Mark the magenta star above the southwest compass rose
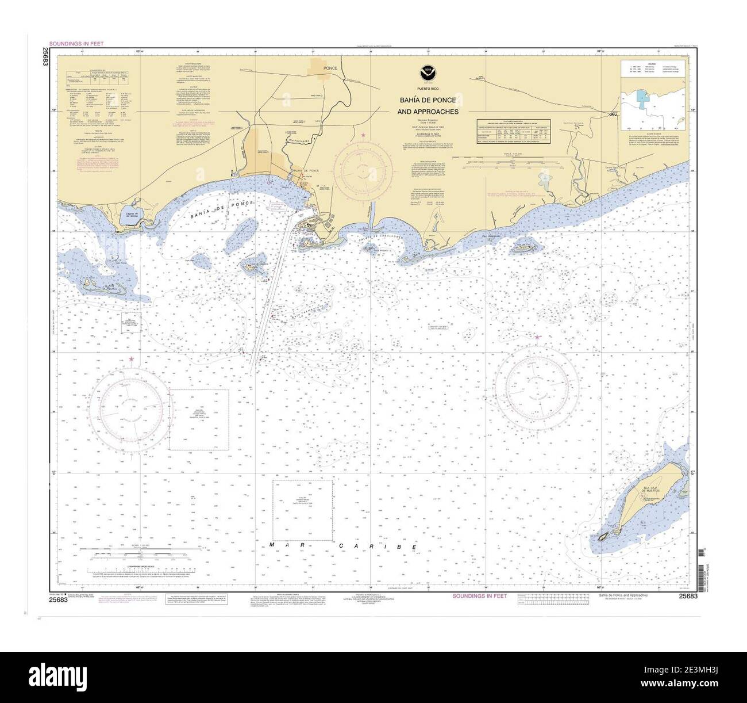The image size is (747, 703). (132, 359)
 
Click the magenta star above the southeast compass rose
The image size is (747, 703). (537, 337)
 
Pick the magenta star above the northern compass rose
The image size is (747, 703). (363, 136)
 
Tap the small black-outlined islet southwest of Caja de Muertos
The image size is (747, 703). (603, 537)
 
